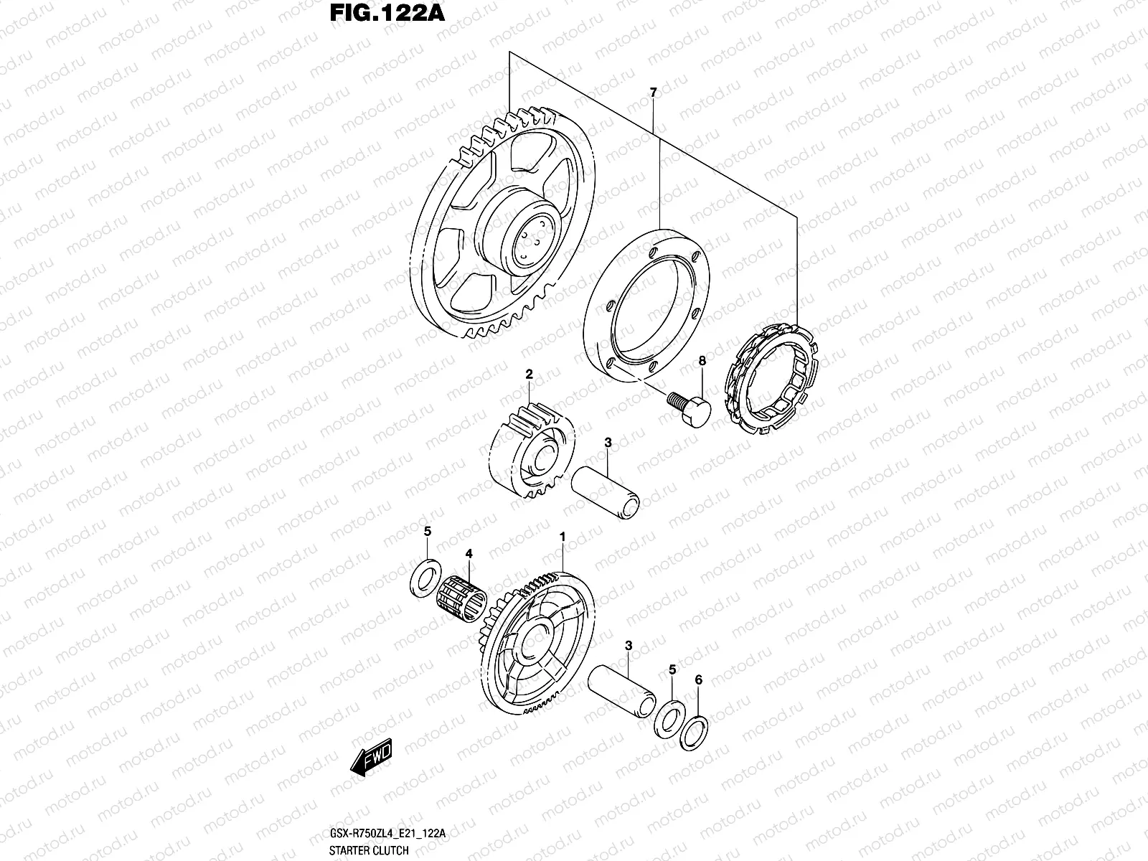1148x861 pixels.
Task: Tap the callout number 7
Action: [652, 93]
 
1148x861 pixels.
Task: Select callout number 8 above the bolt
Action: [702, 362]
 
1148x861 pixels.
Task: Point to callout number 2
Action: [529, 374]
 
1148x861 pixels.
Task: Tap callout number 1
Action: [563, 536]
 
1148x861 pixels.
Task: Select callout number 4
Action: [469, 554]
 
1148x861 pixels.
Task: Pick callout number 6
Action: [699, 679]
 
